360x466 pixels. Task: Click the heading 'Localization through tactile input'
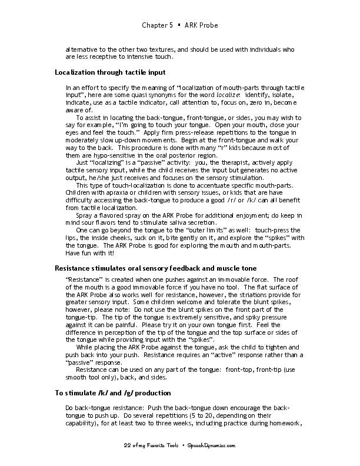pos(110,72)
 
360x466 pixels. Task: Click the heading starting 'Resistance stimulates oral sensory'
pos(155,268)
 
